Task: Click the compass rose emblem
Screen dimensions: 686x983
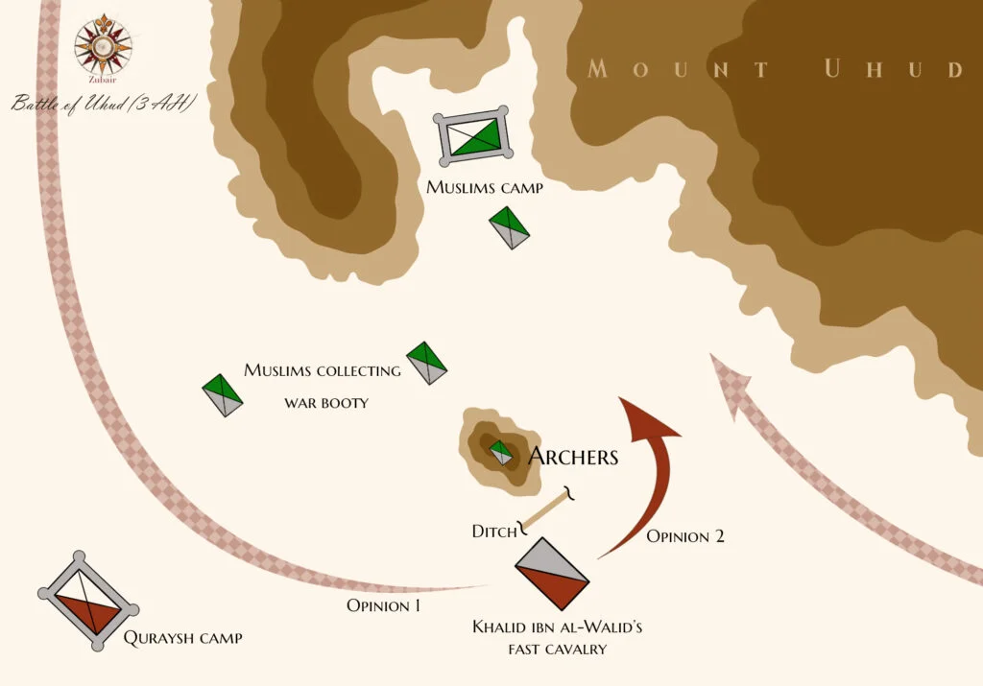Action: coord(103,46)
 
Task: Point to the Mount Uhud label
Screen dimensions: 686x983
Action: coord(774,69)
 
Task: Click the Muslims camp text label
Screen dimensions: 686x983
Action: coord(485,188)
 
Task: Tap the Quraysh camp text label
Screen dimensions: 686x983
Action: coord(182,637)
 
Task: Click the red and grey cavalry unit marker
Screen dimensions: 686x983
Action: coord(551,573)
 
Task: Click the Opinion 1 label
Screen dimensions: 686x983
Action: coord(383,605)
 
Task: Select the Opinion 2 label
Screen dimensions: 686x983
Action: coord(684,536)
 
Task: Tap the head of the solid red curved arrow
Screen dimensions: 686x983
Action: coord(645,417)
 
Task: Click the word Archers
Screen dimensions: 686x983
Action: coord(573,457)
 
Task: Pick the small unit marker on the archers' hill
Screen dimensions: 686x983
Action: coord(500,453)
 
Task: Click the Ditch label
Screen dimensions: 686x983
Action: coord(494,531)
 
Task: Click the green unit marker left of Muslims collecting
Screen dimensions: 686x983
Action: coord(223,394)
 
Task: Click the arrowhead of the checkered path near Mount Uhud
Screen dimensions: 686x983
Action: coord(725,379)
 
